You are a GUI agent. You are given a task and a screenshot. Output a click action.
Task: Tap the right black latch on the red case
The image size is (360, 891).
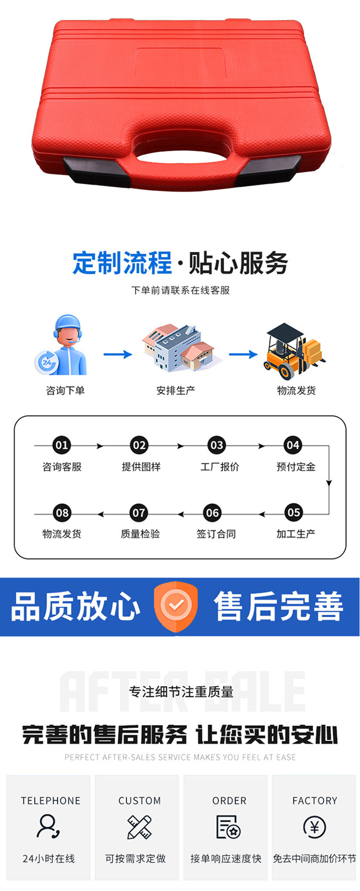(268, 170)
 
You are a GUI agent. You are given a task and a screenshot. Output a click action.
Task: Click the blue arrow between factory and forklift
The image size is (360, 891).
(243, 354)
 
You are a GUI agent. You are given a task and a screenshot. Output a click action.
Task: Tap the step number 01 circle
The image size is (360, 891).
(62, 445)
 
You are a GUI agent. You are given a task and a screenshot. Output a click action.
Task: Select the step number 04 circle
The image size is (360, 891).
(293, 445)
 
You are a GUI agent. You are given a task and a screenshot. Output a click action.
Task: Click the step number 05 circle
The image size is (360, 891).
(293, 513)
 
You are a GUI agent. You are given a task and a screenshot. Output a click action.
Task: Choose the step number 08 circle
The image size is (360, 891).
(62, 513)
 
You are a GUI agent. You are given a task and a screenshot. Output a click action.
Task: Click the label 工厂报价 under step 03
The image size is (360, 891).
(220, 467)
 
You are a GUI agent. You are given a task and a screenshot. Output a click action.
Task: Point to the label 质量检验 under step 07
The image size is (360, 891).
(140, 534)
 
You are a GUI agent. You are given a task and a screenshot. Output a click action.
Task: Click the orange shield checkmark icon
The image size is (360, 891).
(176, 606)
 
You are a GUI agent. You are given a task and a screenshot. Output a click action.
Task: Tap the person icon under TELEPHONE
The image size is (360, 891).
(48, 826)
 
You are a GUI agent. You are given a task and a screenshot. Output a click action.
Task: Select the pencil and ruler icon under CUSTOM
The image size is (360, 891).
(139, 827)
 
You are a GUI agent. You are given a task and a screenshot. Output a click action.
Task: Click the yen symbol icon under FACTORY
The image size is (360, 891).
(314, 827)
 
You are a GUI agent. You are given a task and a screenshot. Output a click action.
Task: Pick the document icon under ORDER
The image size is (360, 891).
(228, 827)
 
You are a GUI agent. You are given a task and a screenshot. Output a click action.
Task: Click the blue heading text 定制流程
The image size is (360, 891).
(122, 263)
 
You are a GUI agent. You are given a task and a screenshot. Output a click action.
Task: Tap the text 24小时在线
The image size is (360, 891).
(49, 858)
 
